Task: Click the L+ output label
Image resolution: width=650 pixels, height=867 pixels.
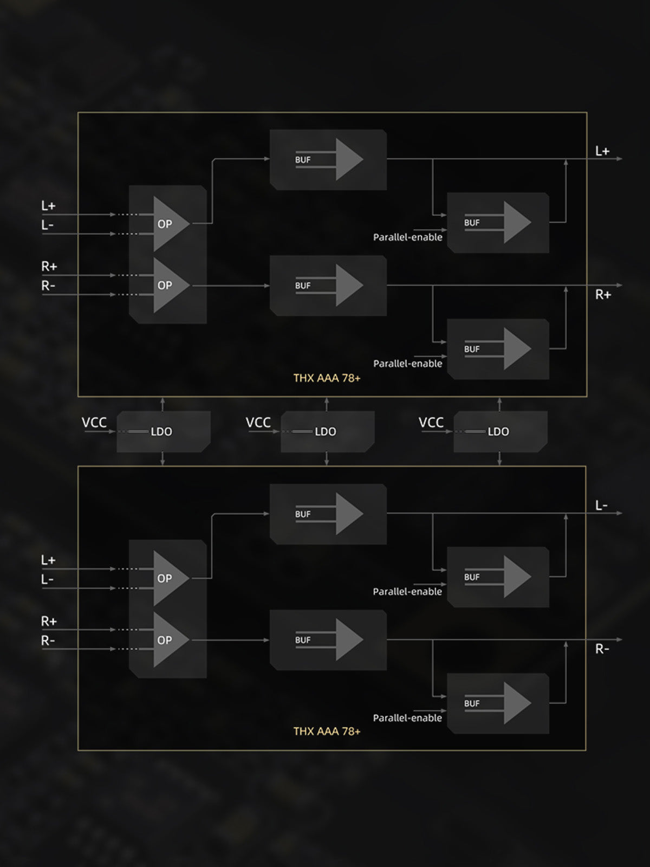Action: coord(602,151)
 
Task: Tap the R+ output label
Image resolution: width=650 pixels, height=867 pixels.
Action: coord(603,295)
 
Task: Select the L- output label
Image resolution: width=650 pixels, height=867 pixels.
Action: coord(601,506)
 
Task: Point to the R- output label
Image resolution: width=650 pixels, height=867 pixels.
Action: coord(602,649)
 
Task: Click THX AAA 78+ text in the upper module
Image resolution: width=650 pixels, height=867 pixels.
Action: coord(327,378)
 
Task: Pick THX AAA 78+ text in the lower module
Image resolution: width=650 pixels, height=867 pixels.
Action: coord(327,732)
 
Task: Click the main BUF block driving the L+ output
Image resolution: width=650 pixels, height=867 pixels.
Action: coord(328,159)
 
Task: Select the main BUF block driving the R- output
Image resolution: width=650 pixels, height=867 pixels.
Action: coord(328,640)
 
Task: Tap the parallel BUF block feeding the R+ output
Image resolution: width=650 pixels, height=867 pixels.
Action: coord(498,349)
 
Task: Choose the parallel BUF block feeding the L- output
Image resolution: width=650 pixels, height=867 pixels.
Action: coord(498,577)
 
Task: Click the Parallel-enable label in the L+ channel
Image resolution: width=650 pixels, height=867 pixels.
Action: coord(407,237)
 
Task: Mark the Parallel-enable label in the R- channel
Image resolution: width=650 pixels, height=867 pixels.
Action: coord(407,718)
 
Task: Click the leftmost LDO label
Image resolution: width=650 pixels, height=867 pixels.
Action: coord(161,432)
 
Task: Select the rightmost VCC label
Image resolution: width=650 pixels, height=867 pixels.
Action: coord(431,423)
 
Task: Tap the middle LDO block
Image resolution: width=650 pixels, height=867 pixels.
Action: coord(327,431)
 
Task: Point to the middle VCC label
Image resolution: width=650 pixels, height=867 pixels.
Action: coord(258,423)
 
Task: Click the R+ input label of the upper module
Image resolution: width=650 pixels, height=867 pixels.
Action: coord(49,267)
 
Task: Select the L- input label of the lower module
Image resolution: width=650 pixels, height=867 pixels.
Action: coord(48,580)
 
